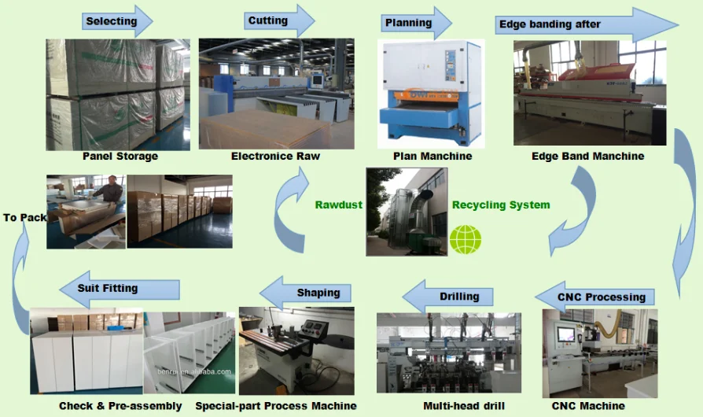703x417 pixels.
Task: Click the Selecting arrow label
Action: (111, 21)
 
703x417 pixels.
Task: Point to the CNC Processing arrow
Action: (601, 297)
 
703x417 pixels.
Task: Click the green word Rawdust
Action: (339, 205)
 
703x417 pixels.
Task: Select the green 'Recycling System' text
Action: (501, 205)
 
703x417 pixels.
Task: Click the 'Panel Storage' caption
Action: (120, 156)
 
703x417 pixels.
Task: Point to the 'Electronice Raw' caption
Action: (275, 156)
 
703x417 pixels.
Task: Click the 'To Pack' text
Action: (24, 217)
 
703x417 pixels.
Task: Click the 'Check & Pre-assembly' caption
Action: (120, 406)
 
